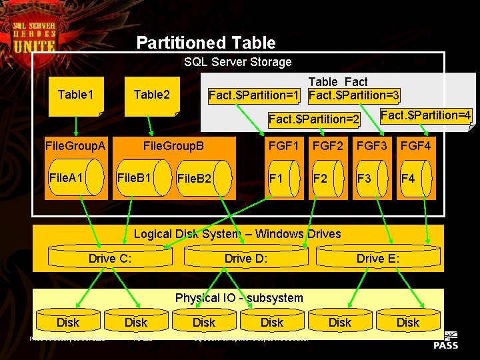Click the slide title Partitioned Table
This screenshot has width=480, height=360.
click(205, 43)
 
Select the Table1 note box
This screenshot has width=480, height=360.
click(76, 95)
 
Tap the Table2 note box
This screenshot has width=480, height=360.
click(152, 95)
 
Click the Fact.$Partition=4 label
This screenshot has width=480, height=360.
click(425, 115)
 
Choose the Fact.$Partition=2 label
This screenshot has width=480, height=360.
click(313, 119)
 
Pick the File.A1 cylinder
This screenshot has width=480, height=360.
click(75, 178)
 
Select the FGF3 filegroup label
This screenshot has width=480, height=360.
click(372, 145)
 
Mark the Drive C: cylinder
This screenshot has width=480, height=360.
click(111, 258)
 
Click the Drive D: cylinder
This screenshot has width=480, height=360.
click(246, 258)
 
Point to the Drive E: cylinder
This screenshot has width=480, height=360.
click(378, 258)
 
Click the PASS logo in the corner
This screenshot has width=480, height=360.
click(445, 339)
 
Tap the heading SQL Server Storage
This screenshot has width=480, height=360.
click(237, 62)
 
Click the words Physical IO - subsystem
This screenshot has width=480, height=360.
click(239, 298)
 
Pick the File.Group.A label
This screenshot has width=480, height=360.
click(75, 145)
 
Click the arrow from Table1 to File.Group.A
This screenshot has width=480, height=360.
click(76, 125)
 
